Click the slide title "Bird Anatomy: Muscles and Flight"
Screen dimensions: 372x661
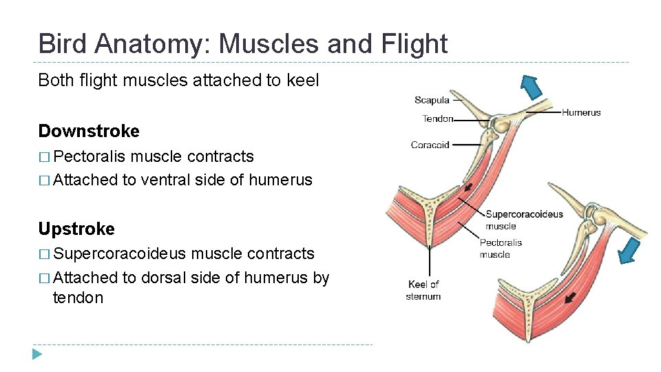coord(242,43)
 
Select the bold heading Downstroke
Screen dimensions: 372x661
coord(89,131)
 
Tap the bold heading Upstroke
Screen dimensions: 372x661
coord(76,229)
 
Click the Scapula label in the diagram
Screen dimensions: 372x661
coord(432,101)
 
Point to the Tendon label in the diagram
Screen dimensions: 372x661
coord(437,119)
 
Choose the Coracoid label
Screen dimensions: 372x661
coord(430,145)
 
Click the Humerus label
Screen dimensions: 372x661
coord(581,112)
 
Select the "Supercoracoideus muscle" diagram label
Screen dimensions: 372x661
coord(523,220)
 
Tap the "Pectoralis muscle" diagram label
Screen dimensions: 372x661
coord(501,248)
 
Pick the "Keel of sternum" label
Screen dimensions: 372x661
coord(423,290)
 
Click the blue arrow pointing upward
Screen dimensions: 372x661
coord(530,87)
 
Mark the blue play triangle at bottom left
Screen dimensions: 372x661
coord(37,354)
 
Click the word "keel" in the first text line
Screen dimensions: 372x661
coord(303,80)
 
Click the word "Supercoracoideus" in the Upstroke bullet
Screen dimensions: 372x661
coord(119,254)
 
